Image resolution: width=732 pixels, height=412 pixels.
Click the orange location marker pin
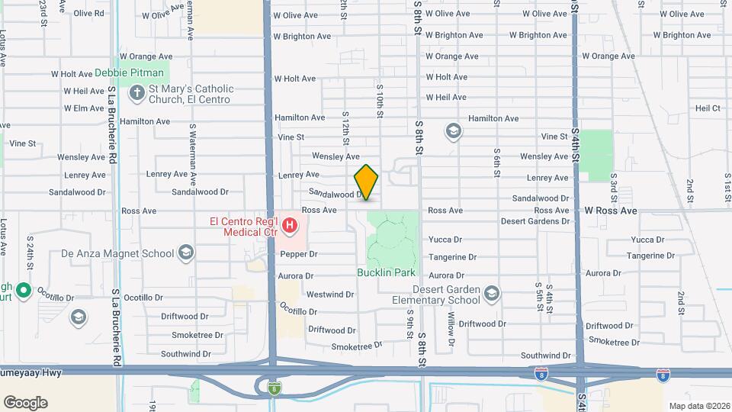(x=366, y=182)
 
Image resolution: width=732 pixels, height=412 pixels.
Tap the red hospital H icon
(x=290, y=226)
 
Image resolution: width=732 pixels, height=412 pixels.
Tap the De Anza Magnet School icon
(x=185, y=253)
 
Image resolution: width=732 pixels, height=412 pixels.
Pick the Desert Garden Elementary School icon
(x=492, y=294)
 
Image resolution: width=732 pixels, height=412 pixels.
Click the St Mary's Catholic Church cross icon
(x=137, y=95)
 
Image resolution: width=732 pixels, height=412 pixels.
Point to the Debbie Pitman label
(x=129, y=73)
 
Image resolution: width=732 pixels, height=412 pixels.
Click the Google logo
(x=25, y=402)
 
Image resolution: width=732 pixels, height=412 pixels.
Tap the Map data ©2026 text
(x=698, y=406)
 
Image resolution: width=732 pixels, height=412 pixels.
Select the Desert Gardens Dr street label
(x=535, y=221)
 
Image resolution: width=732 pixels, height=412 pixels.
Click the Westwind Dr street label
(x=329, y=294)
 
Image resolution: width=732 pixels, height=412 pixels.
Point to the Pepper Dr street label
(x=298, y=254)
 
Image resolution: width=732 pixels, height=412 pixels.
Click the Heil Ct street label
(x=707, y=108)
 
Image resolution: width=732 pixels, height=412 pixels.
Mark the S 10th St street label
(x=379, y=101)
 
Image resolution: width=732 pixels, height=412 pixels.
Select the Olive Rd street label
(x=88, y=14)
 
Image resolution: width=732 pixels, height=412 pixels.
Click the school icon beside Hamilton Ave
(x=454, y=132)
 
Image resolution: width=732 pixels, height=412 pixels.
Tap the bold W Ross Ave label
(x=610, y=210)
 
